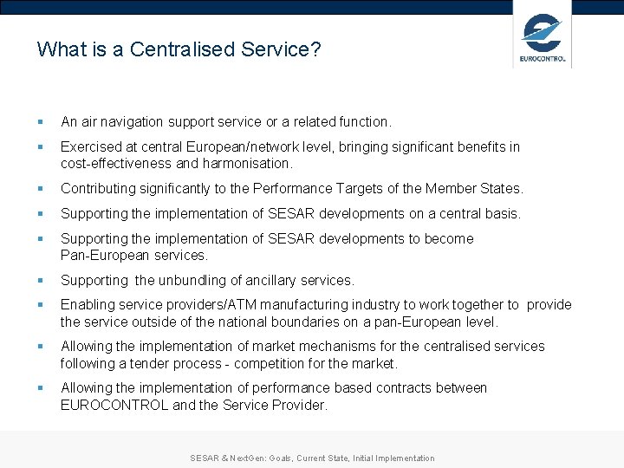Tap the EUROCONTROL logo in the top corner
tap(543, 39)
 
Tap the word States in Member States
tap(502, 188)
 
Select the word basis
tap(501, 213)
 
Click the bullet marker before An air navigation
tap(41, 123)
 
